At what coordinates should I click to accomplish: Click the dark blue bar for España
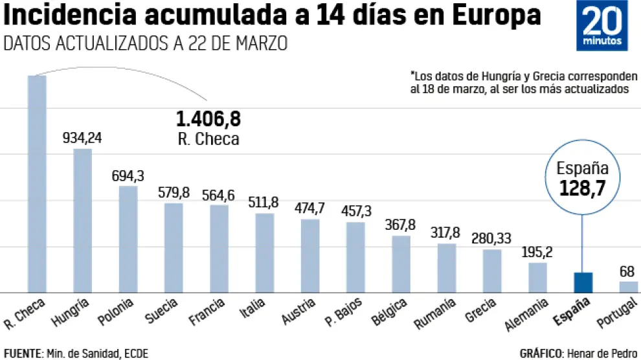[x=583, y=282]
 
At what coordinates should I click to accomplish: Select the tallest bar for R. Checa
[x=36, y=184]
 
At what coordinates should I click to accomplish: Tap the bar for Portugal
[x=628, y=287]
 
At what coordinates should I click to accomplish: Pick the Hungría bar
[x=82, y=221]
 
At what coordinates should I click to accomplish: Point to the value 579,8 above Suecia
[x=173, y=192]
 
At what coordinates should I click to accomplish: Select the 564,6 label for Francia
[x=219, y=195]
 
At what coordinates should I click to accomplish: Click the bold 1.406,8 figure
[x=208, y=119]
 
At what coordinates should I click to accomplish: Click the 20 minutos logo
[x=603, y=25]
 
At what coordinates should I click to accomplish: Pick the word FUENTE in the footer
[x=23, y=353]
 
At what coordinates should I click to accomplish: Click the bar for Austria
[x=310, y=256]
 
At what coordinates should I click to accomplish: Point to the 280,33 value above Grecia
[x=491, y=238]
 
